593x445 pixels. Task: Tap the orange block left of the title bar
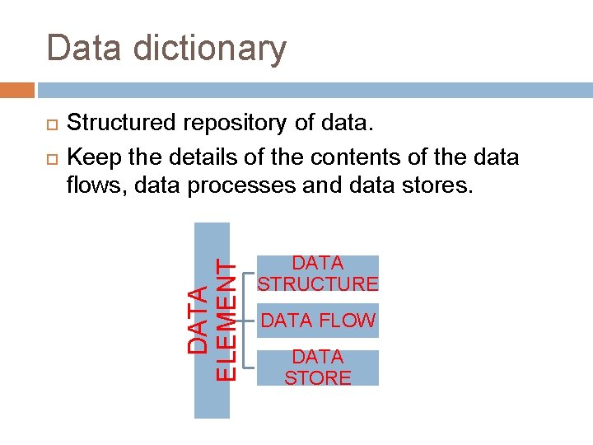pos(17,90)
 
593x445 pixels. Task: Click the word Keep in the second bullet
pos(91,157)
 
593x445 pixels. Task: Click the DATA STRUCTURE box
pos(318,274)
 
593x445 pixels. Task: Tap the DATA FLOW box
pos(318,321)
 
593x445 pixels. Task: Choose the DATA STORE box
pos(318,368)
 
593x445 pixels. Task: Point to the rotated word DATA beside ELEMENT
pos(198,321)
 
